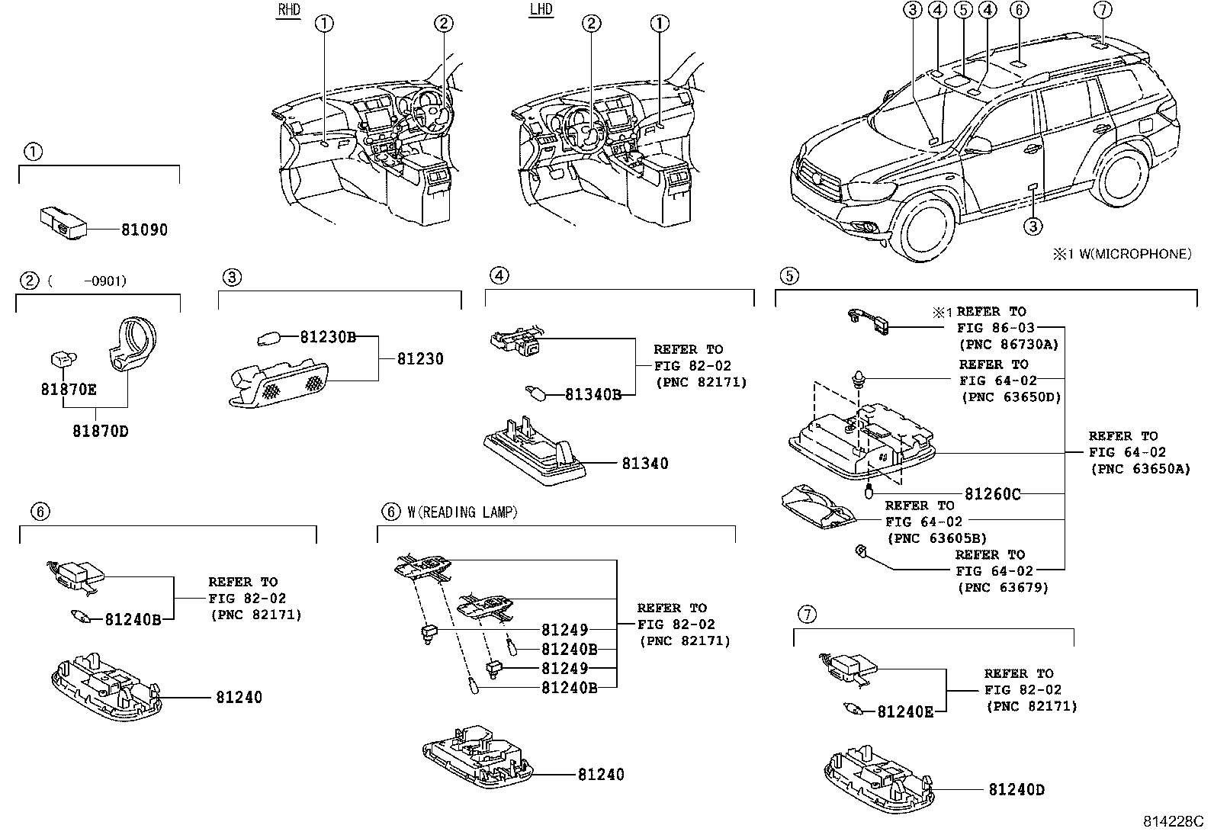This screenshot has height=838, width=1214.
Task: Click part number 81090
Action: pyautogui.click(x=144, y=230)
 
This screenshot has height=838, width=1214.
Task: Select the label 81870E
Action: pyautogui.click(x=69, y=389)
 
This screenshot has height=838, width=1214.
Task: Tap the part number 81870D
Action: pyautogui.click(x=100, y=431)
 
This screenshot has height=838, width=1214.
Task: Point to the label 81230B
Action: pyautogui.click(x=328, y=337)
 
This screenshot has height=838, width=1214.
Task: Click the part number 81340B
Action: pyautogui.click(x=593, y=395)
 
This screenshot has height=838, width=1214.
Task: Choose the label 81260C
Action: pyautogui.click(x=992, y=494)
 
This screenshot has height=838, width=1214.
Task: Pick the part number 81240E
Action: pyautogui.click(x=905, y=711)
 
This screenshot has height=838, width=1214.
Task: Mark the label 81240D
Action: pyautogui.click(x=1016, y=789)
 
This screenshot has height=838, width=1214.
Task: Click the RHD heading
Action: pyautogui.click(x=289, y=10)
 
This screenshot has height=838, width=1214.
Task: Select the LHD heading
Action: pyautogui.click(x=541, y=9)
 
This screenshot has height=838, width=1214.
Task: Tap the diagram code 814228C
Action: pyautogui.click(x=1173, y=822)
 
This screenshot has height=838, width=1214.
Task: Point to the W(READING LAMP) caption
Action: pyautogui.click(x=462, y=512)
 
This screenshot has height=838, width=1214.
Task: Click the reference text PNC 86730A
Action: pyautogui.click(x=1009, y=345)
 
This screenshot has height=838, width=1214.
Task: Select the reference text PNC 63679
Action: pyautogui.click(x=1003, y=588)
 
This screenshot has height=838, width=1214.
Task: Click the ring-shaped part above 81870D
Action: pyautogui.click(x=133, y=344)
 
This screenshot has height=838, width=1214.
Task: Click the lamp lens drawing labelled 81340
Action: pyautogui.click(x=535, y=451)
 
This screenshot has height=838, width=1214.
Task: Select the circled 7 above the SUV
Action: pyautogui.click(x=1103, y=10)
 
